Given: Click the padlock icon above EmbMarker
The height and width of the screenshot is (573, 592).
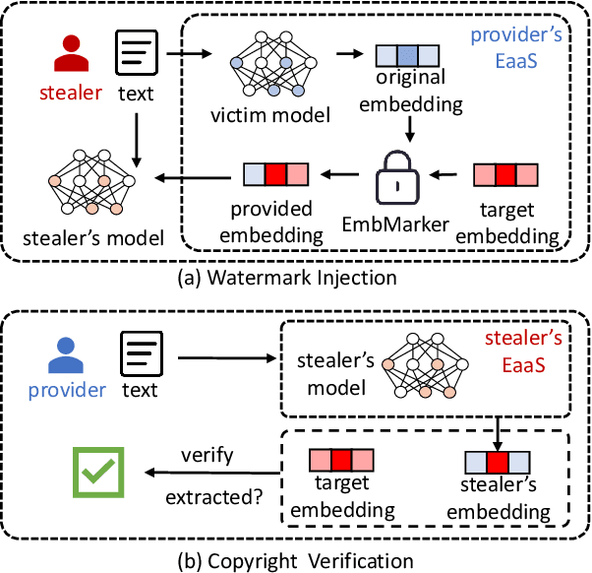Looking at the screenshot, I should click(398, 177).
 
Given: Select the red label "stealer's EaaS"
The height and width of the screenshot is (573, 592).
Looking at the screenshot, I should click(525, 352).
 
